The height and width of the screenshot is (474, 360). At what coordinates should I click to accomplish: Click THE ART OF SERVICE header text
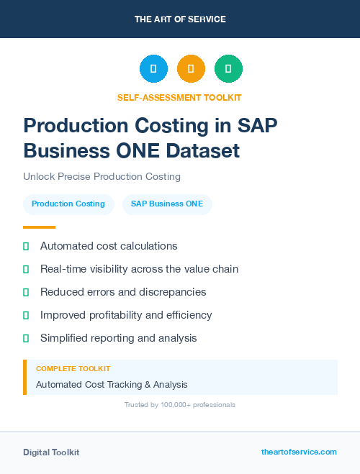tap(180, 19)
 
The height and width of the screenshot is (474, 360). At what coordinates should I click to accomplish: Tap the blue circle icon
tap(153, 69)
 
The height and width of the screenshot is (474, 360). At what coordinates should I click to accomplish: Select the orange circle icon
tap(191, 69)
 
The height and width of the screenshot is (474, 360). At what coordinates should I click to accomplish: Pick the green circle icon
tap(228, 69)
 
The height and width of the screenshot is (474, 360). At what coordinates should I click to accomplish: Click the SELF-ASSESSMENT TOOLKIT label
tap(179, 97)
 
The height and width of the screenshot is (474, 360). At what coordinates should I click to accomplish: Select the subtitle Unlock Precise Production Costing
tap(102, 176)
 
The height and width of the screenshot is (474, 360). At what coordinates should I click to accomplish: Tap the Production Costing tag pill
tap(68, 204)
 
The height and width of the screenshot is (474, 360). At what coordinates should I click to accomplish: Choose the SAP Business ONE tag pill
tap(167, 204)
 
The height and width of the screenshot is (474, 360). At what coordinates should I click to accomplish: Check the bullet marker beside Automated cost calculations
tap(26, 246)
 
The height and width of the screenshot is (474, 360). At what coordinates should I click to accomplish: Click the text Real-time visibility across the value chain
tap(139, 269)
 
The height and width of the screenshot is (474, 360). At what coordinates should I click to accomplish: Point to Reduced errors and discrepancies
tap(123, 292)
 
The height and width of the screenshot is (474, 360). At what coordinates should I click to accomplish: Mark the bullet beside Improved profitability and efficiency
tap(26, 315)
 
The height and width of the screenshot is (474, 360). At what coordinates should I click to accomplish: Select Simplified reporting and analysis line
tap(118, 338)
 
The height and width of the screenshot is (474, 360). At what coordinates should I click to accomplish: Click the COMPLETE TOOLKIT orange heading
tap(73, 368)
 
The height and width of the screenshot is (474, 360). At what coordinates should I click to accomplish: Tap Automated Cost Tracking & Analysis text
tap(112, 385)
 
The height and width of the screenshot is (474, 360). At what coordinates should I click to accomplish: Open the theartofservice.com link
tap(299, 452)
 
